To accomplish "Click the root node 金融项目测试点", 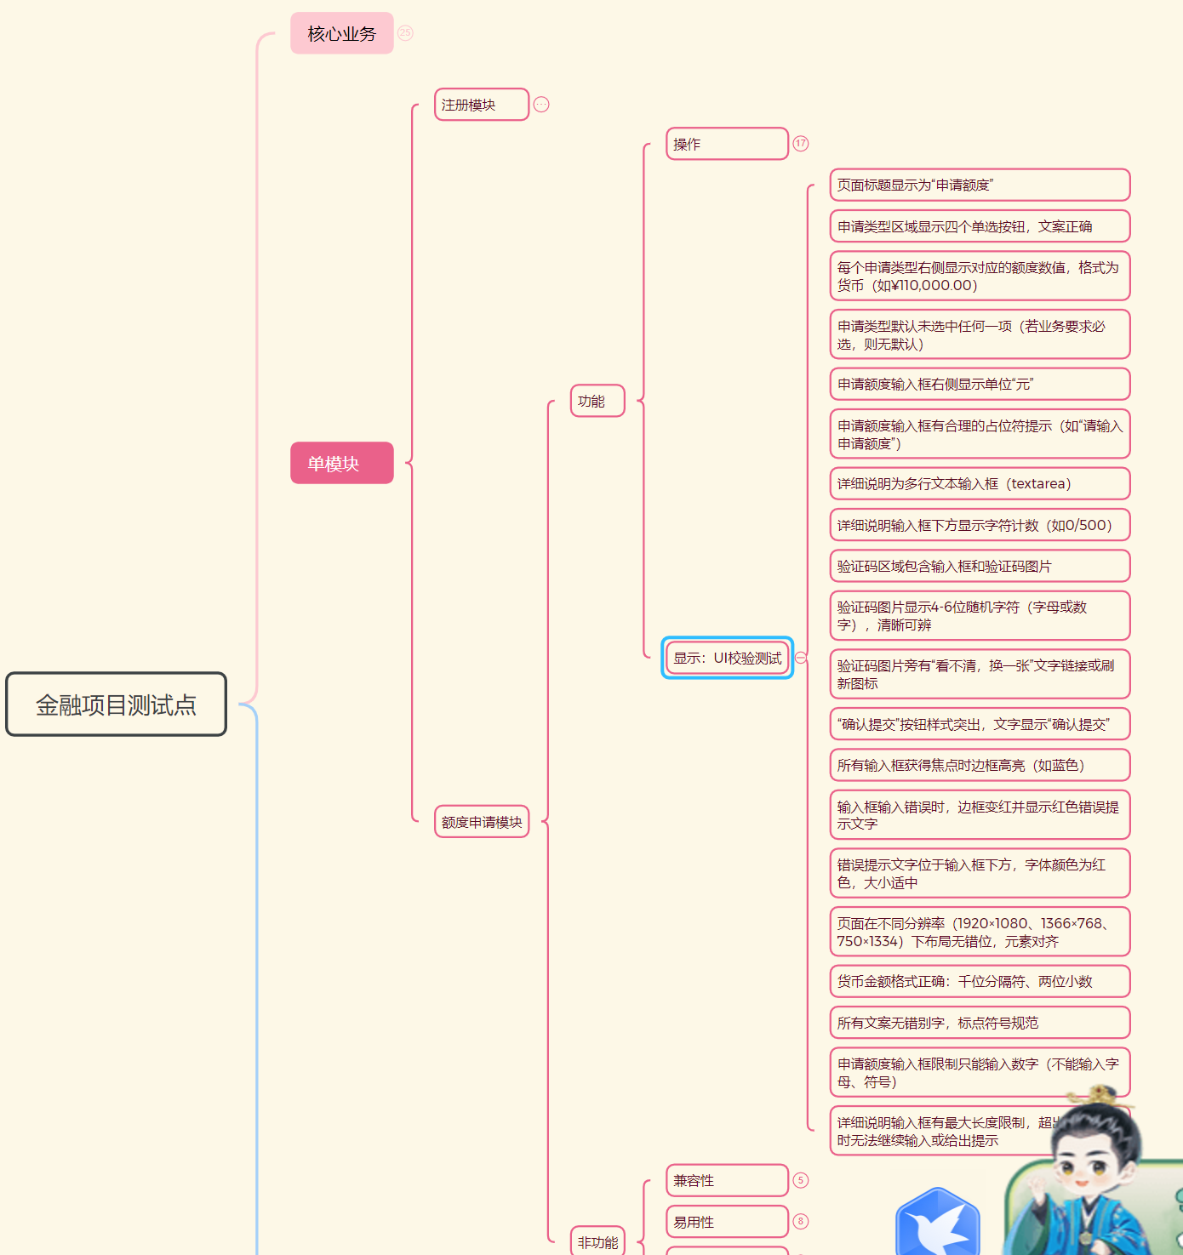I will click(116, 705).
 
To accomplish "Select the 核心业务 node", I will click(341, 34).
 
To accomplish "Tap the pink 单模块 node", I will click(341, 464).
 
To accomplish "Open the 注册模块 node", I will click(481, 105).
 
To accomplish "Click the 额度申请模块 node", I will click(481, 822).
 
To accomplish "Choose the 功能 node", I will click(597, 401).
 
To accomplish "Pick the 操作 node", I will click(726, 144).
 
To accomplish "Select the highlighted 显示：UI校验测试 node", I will click(727, 658).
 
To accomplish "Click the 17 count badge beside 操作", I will click(801, 144).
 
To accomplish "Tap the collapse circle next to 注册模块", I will click(541, 105).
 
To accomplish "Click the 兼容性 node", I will click(726, 1180).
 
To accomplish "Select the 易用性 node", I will click(726, 1222).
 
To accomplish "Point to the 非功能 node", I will click(597, 1242).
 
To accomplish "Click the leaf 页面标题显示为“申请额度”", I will click(980, 185).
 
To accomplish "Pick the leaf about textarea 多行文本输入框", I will click(980, 483).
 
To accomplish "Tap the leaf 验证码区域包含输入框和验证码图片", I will click(980, 566).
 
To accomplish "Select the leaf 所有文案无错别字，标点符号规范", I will click(980, 1023).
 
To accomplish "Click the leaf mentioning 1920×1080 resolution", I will click(980, 933).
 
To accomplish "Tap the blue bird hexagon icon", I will click(937, 1224).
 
